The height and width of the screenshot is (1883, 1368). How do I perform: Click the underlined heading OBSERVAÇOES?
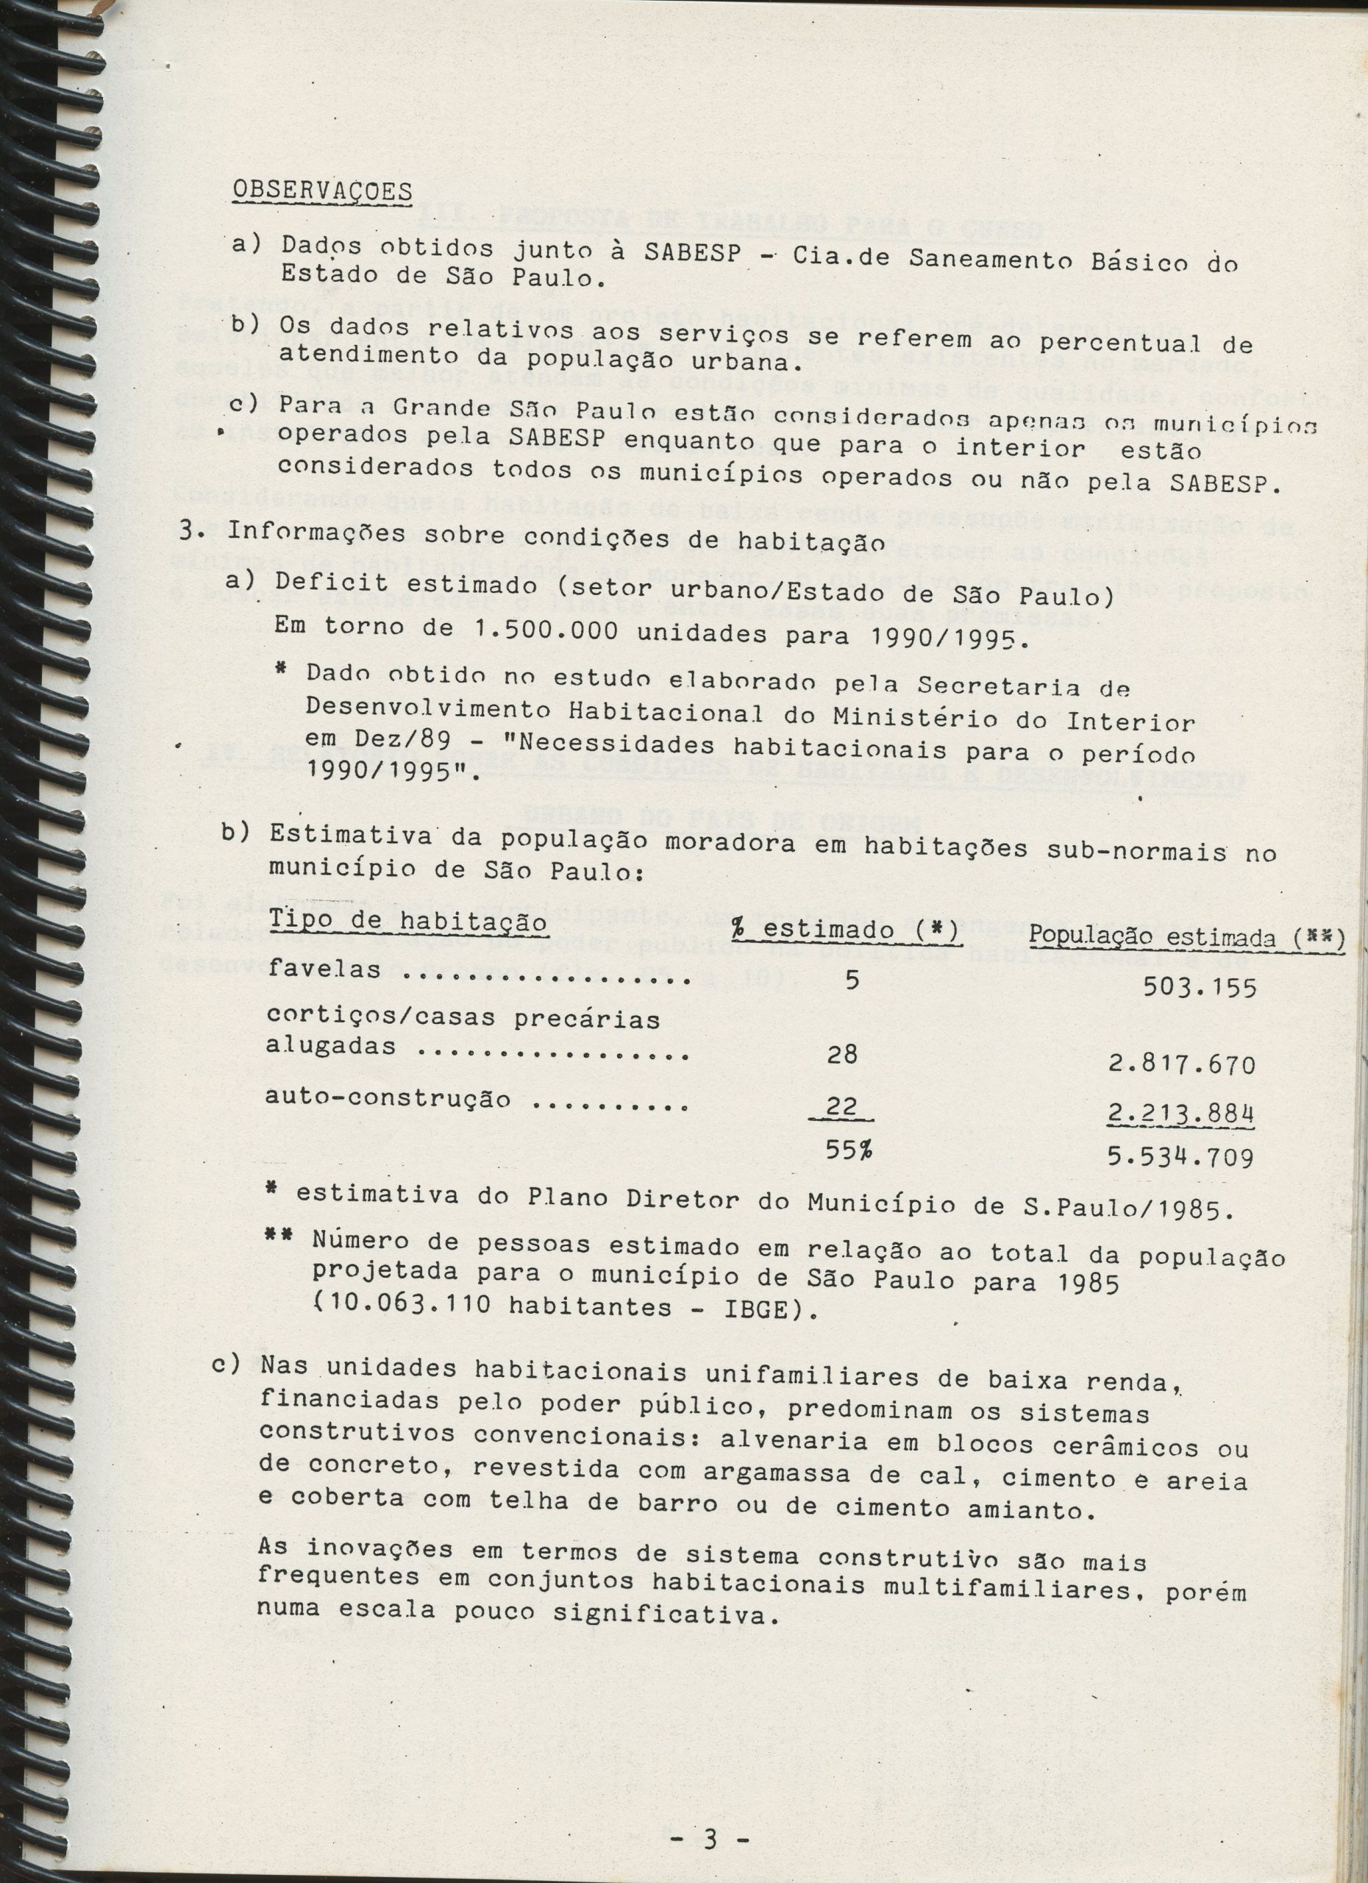(322, 192)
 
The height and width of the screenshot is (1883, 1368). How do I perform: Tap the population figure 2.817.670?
(1180, 1065)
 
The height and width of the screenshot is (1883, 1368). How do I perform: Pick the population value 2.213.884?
(1180, 1113)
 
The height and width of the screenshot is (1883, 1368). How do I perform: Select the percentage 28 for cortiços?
(844, 1056)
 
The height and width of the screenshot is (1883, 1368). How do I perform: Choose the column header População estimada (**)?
(1186, 936)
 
